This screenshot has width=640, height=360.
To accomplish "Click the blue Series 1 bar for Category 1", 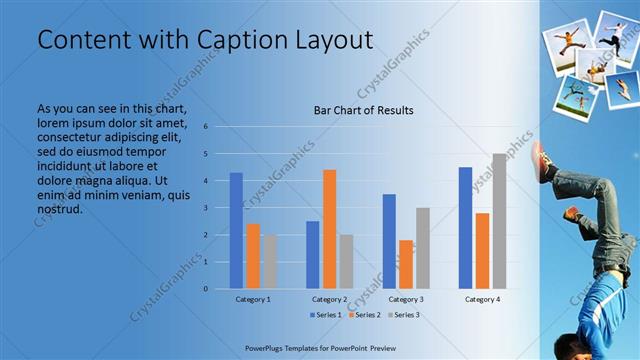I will point(236,230).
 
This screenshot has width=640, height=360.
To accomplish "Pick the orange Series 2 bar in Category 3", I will point(406,264).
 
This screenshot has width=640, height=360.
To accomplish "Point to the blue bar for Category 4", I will point(465,227).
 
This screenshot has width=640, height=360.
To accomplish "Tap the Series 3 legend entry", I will point(402,314).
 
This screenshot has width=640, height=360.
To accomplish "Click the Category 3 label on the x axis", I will point(406,299).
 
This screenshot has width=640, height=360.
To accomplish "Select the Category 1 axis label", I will point(253,299).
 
